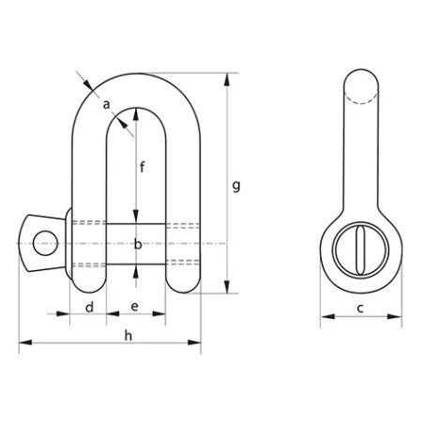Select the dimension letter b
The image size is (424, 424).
(138, 245)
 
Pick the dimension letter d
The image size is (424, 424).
(89, 307)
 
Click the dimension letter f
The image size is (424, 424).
(141, 170)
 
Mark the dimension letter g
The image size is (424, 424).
(235, 187)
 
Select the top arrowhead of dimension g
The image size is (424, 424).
(226, 77)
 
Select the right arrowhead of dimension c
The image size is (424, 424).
(395, 317)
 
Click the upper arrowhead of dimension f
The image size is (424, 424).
(137, 112)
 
